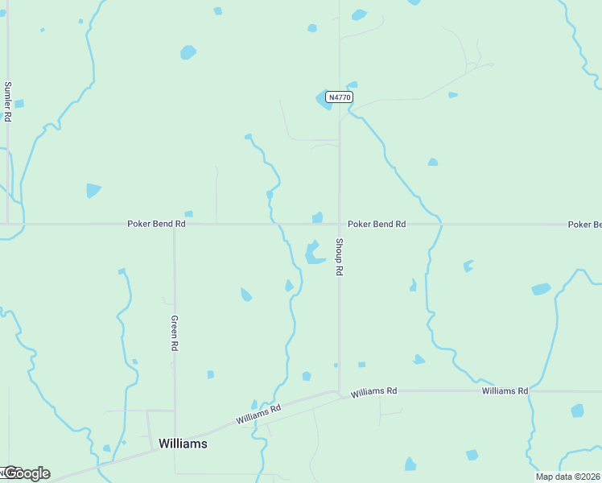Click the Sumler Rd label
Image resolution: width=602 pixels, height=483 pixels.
click(8, 101)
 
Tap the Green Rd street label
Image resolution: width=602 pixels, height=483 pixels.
click(174, 332)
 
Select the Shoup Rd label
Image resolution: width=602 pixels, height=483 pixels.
click(340, 258)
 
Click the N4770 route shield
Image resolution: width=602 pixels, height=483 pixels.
click(339, 97)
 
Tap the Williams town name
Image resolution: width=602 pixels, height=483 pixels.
click(183, 444)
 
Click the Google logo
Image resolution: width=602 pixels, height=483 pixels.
click(27, 473)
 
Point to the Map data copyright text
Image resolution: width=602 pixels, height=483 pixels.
click(568, 477)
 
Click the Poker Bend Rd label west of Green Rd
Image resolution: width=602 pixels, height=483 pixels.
click(156, 224)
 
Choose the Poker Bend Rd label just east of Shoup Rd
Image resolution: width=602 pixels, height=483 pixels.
click(376, 224)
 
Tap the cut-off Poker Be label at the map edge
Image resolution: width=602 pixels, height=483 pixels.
click(584, 224)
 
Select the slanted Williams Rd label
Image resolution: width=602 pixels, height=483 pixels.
click(258, 414)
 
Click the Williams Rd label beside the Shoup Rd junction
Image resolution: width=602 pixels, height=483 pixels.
click(374, 391)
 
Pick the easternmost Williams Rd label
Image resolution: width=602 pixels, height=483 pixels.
click(505, 390)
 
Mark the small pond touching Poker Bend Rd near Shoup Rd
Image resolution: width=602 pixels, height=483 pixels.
click(318, 217)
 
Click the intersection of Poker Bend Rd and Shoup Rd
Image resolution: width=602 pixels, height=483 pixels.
click(339, 224)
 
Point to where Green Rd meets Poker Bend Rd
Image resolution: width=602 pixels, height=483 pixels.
click(175, 225)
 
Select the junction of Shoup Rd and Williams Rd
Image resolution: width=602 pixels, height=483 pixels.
click(339, 393)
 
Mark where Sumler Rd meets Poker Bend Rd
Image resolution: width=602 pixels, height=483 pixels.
click(8, 224)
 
